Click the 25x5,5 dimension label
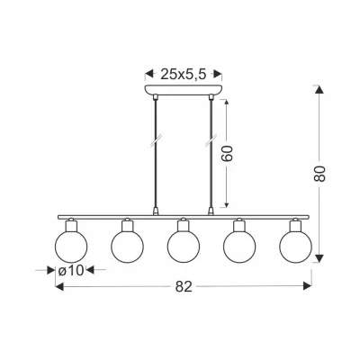184,75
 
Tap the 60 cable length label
228,154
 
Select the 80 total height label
319,174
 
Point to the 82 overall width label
184,287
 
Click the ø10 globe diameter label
71,271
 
